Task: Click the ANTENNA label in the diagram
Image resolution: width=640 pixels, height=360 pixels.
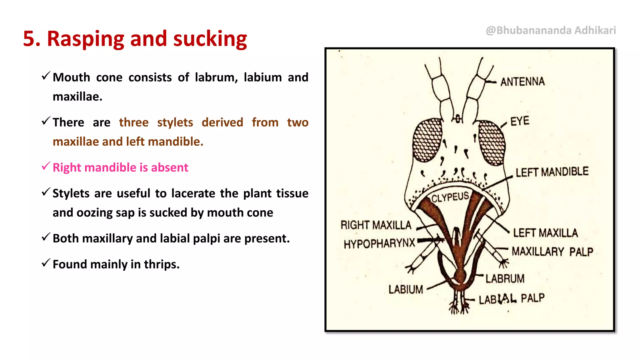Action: [x=522, y=82]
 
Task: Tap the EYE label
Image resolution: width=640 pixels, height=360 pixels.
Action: [x=520, y=121]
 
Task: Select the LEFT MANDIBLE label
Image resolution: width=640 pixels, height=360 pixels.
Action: [x=552, y=172]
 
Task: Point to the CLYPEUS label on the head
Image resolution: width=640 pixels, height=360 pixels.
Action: [x=450, y=197]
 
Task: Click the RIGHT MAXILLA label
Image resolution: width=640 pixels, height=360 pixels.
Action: [x=376, y=225]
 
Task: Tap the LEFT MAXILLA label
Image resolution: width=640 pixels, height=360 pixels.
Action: [x=545, y=233]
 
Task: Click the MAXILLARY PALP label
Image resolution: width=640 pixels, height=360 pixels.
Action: [x=552, y=252]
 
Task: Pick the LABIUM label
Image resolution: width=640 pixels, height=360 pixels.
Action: [x=406, y=290]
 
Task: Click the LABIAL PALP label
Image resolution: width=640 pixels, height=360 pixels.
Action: [x=512, y=299]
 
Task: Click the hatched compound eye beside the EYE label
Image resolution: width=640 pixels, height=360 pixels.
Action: [x=492, y=142]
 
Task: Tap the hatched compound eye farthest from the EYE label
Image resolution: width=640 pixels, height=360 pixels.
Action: [x=427, y=140]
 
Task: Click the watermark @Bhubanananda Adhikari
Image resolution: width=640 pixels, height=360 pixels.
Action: [x=551, y=30]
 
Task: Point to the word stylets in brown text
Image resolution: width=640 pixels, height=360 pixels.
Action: [x=175, y=122]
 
